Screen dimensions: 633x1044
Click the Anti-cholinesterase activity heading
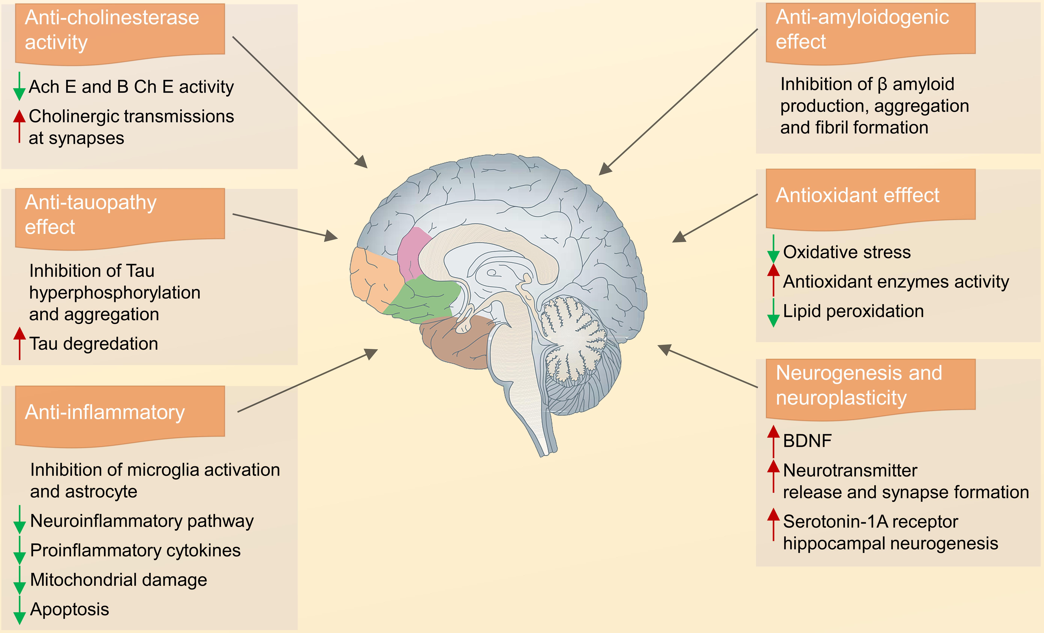click(112, 30)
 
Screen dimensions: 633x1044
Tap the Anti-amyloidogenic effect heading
click(862, 29)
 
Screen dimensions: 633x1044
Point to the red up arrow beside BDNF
click(773, 441)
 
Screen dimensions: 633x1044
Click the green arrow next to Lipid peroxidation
click(773, 313)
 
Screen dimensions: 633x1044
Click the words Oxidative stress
click(847, 252)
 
